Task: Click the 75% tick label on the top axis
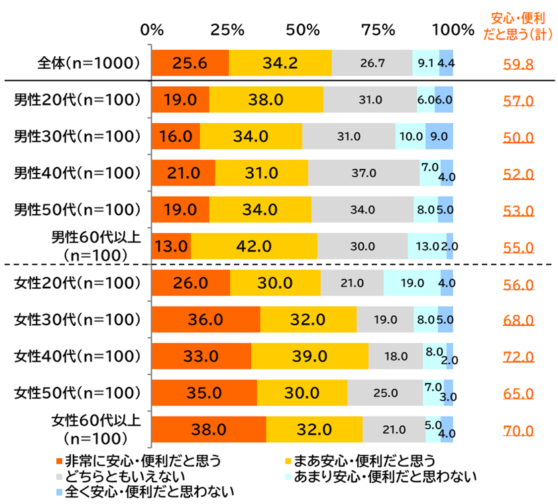click(378, 30)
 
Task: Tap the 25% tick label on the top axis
click(228, 30)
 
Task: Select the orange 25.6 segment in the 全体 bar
click(190, 64)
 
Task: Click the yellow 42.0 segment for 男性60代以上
click(254, 246)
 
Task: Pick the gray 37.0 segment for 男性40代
click(363, 173)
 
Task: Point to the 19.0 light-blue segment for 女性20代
click(412, 283)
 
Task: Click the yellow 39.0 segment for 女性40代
click(309, 356)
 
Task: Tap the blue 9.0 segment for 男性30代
click(439, 136)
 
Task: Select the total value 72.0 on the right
click(519, 358)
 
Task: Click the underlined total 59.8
click(519, 64)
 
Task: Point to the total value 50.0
click(519, 138)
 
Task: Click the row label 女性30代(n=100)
click(78, 320)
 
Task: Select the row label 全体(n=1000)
click(89, 64)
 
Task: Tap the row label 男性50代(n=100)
click(78, 210)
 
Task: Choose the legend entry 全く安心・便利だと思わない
click(146, 492)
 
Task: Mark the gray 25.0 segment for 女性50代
click(385, 393)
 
